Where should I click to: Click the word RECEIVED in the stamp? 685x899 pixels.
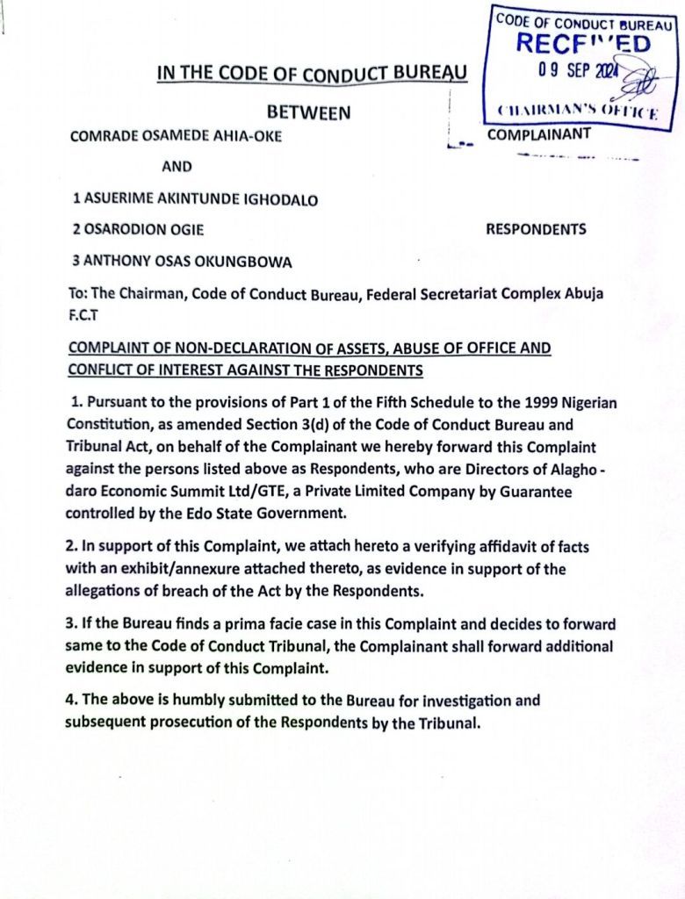582,42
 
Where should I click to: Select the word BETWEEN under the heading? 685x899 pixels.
308,112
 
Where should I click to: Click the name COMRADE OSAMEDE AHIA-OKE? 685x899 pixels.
176,136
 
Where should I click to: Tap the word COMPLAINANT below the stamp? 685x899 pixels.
539,134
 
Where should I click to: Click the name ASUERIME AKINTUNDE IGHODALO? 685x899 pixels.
195,199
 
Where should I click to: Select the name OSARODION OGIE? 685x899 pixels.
139,230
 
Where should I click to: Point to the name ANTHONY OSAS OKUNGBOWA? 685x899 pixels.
183,261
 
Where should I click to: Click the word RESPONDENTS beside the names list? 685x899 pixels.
536,230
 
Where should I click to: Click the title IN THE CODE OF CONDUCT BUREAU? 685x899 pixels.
312,73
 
